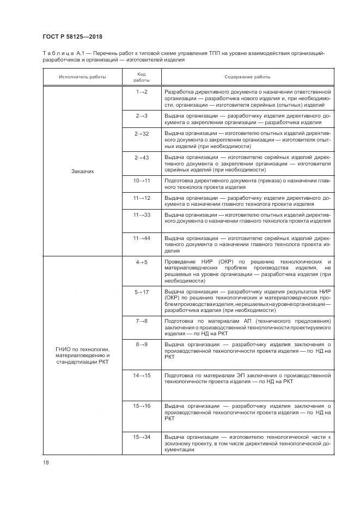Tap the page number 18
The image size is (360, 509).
45,463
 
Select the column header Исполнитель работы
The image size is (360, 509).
83,77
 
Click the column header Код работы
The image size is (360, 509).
141,77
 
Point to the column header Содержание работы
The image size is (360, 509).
247,77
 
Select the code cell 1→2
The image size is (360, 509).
141,92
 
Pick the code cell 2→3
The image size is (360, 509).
141,116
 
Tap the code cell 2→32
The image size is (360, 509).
141,133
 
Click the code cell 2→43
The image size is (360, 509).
141,157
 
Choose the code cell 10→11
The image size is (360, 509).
141,180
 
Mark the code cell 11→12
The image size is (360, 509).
141,198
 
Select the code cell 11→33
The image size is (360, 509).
141,215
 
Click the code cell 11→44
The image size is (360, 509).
141,238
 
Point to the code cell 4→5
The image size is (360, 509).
141,262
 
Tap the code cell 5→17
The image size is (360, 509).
141,292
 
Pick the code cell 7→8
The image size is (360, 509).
141,321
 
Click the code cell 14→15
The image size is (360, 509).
141,375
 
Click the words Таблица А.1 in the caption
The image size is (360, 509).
62,53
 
